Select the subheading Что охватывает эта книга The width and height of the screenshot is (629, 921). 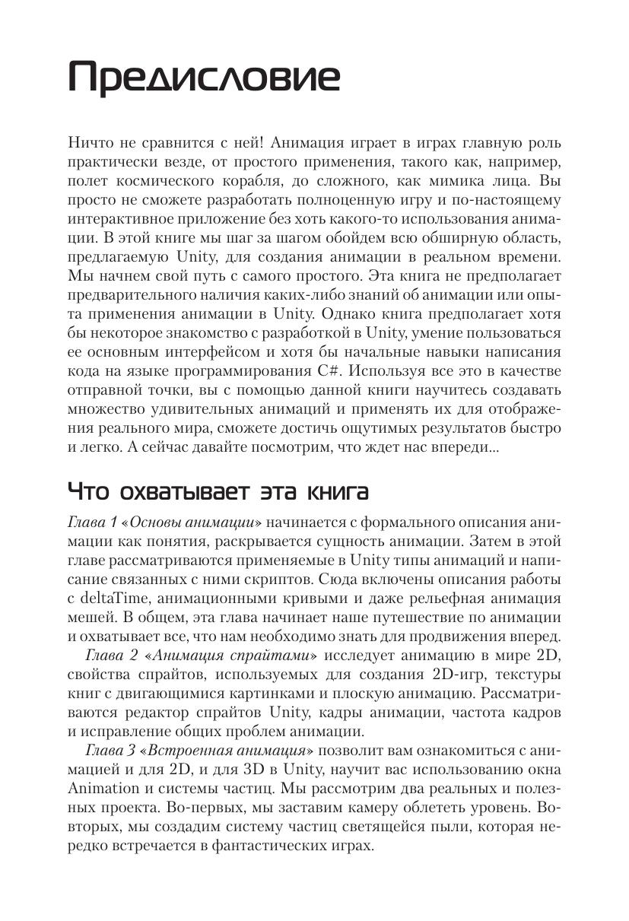pos(218,491)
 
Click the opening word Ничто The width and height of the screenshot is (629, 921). pos(91,142)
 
